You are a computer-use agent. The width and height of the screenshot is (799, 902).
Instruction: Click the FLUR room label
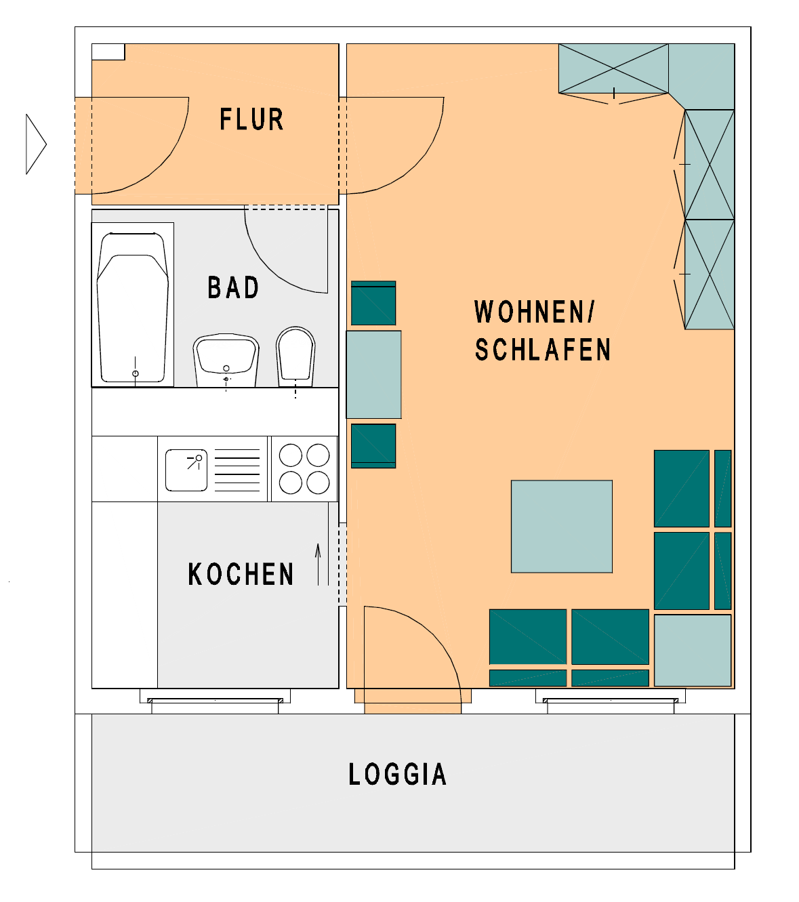coord(251,119)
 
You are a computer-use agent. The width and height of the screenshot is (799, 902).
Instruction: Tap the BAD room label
coord(233,288)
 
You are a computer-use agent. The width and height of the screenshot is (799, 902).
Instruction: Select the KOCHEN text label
coord(241,575)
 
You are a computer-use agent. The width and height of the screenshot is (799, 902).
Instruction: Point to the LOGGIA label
coord(397,775)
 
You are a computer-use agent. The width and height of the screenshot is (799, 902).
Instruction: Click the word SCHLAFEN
coord(542,350)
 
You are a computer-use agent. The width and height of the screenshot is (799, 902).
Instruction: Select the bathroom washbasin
coord(226,359)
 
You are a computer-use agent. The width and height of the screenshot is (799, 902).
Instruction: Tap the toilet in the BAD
coord(295,355)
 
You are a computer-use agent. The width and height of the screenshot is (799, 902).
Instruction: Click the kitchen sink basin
coord(186,470)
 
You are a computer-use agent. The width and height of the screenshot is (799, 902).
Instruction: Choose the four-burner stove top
coord(304,468)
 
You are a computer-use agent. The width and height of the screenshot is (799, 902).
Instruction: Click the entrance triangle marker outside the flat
coord(35,144)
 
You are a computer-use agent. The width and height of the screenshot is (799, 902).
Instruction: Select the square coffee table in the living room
coord(562,527)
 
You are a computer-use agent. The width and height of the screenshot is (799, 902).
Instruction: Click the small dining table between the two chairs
coord(373,374)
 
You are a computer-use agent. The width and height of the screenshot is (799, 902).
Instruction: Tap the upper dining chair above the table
coord(373,303)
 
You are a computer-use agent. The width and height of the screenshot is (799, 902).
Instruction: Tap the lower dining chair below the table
coord(373,445)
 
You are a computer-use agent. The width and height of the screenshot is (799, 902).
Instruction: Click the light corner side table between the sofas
coord(693,650)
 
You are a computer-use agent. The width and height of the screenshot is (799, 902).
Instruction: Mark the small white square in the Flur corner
coord(108,52)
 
